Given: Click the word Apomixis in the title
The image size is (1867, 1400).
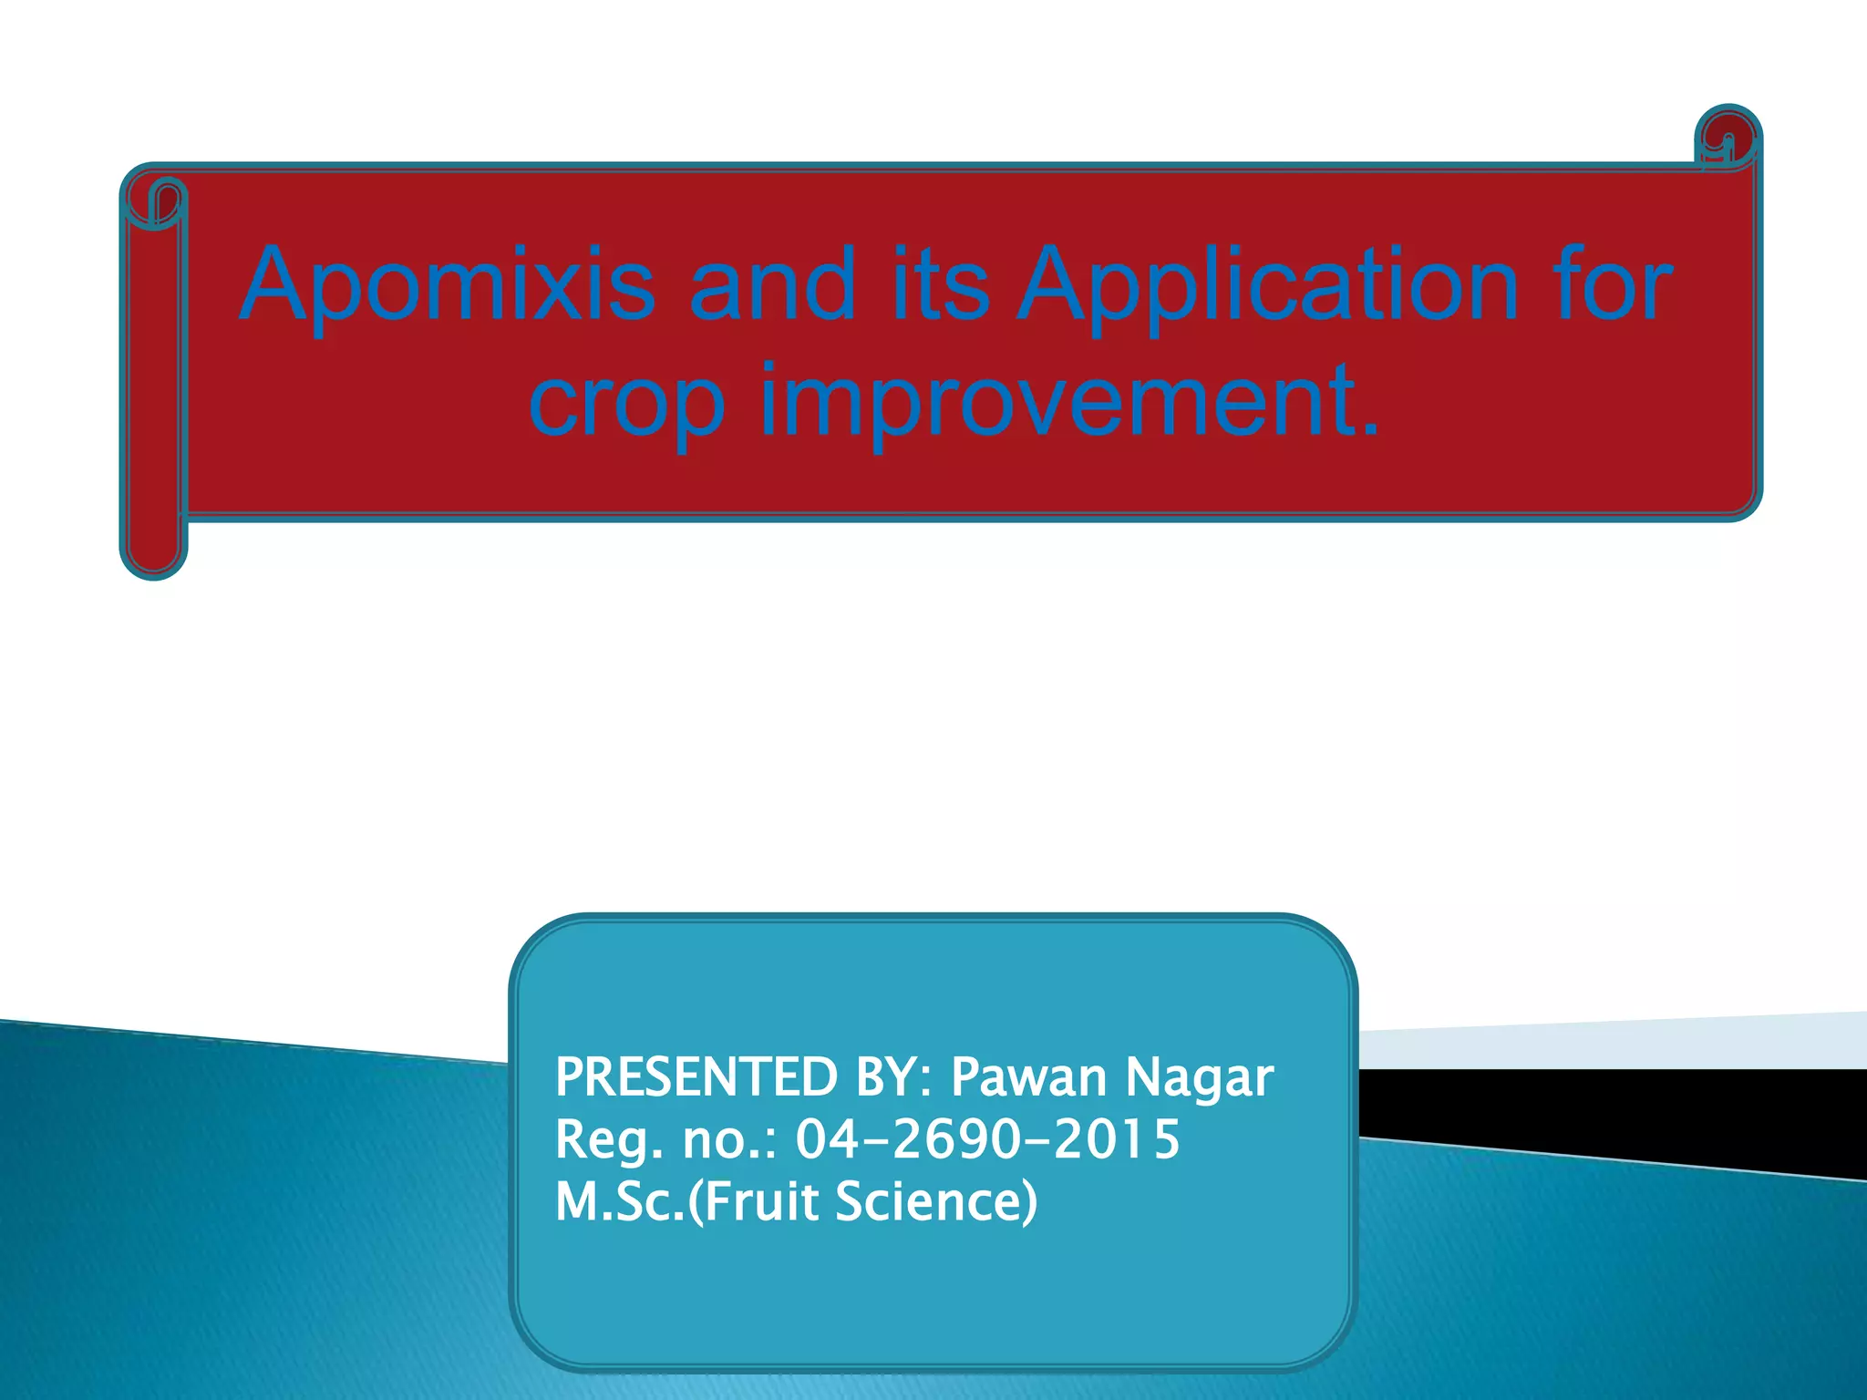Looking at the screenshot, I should click(447, 285).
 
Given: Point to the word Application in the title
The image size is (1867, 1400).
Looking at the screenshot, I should click(1267, 285).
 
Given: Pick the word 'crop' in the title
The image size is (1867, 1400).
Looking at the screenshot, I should click(627, 401).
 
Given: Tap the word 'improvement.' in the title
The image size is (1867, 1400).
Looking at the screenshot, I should click(1070, 401).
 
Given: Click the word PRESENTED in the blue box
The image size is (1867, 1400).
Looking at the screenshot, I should click(696, 1077).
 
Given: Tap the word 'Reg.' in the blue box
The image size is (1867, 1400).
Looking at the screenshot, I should click(609, 1139).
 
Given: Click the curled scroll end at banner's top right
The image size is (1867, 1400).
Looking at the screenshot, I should click(1727, 139).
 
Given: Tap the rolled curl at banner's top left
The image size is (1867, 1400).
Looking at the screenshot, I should click(155, 202).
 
